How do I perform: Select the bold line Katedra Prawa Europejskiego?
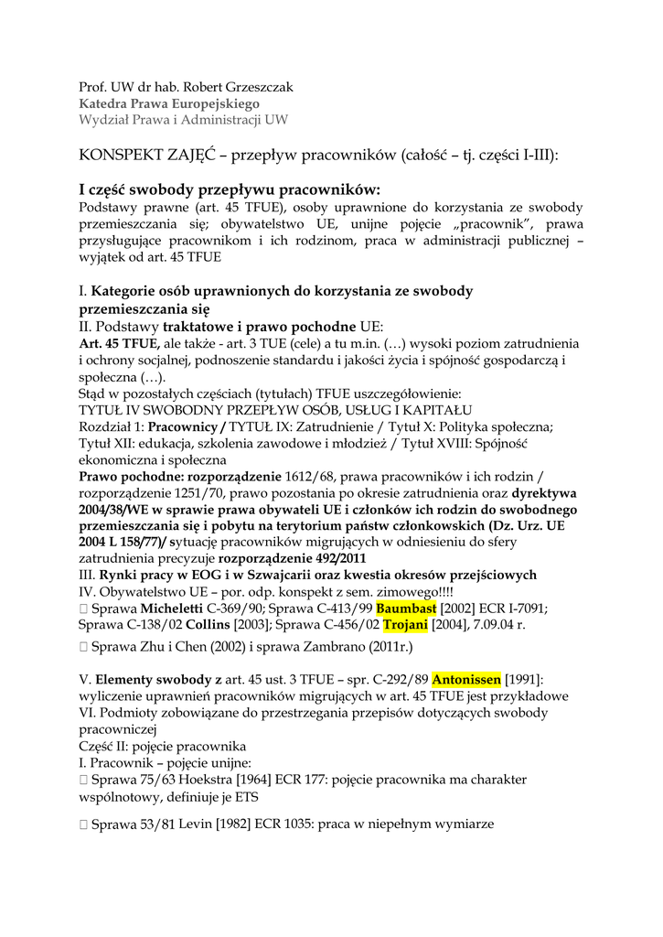(168, 104)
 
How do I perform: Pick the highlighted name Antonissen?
(466, 680)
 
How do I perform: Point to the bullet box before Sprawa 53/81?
(84, 824)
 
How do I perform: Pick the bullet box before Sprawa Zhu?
(84, 647)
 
